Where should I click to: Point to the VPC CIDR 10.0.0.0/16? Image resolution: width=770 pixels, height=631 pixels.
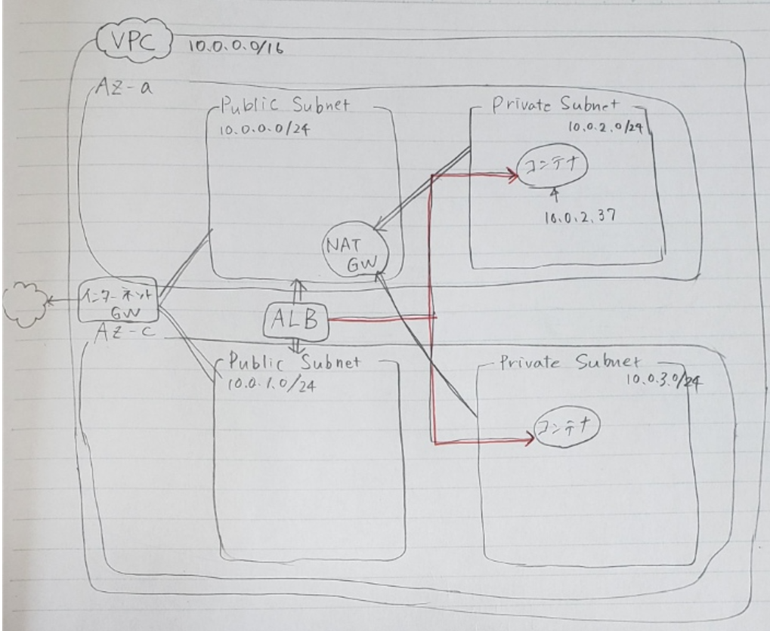pos(235,47)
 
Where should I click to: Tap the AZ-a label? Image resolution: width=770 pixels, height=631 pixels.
pos(124,88)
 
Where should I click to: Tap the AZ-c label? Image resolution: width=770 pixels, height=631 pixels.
pos(125,332)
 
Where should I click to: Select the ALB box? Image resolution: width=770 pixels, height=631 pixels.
pos(295,321)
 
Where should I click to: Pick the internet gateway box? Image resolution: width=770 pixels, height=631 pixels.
pos(119,300)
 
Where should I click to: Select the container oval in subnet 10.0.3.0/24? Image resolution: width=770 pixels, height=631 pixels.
pos(567,426)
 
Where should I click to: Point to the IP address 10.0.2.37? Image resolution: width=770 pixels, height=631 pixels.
pos(580,217)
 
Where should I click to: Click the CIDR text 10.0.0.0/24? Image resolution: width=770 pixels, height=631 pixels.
pos(264,130)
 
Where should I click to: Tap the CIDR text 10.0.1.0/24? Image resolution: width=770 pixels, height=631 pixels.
pos(271,385)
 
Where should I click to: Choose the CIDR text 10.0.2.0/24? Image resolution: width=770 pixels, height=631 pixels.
pos(605,127)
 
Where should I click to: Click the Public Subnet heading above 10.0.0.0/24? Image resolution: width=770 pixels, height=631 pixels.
pos(285,104)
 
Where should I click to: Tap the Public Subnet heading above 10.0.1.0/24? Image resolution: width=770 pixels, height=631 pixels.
pos(295,362)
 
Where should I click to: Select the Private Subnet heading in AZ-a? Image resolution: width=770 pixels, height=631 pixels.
pos(555,105)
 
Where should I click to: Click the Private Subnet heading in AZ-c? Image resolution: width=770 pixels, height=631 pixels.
pos(570,362)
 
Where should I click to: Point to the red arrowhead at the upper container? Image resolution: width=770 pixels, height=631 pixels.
pos(512,174)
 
